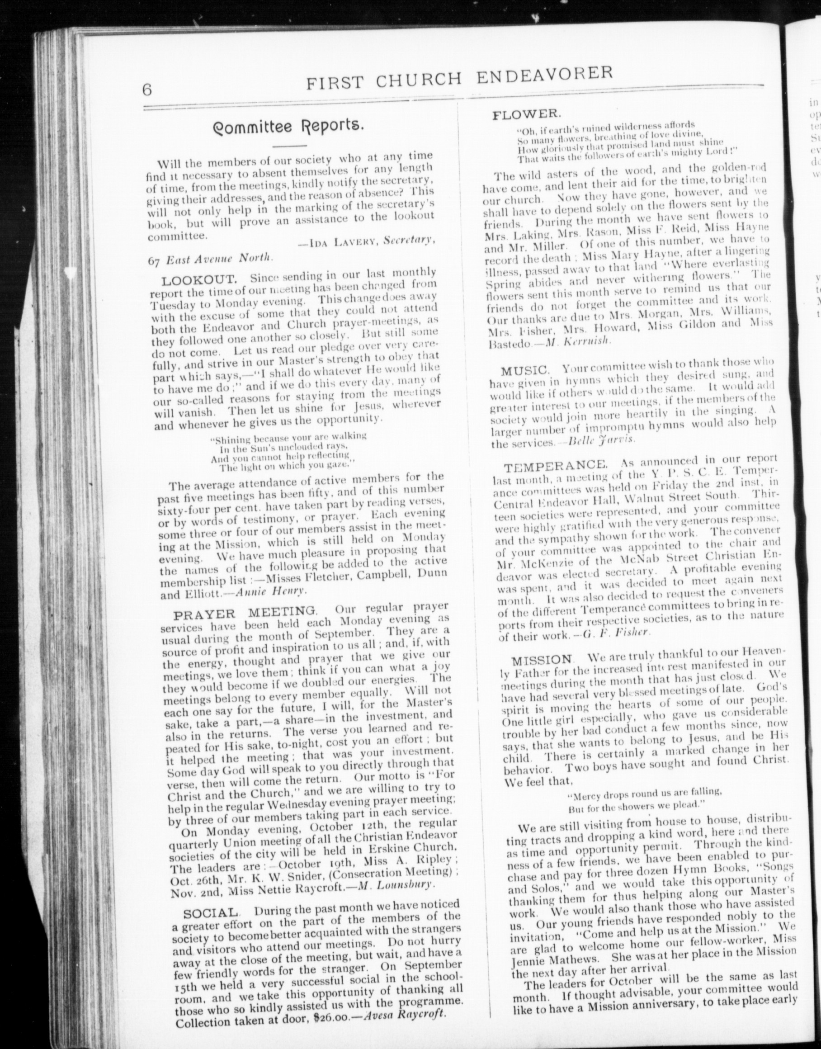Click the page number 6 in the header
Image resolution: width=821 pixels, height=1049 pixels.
point(147,90)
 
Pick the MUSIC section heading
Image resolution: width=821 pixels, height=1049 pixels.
point(524,371)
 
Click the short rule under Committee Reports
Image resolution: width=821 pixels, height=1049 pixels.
point(289,145)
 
